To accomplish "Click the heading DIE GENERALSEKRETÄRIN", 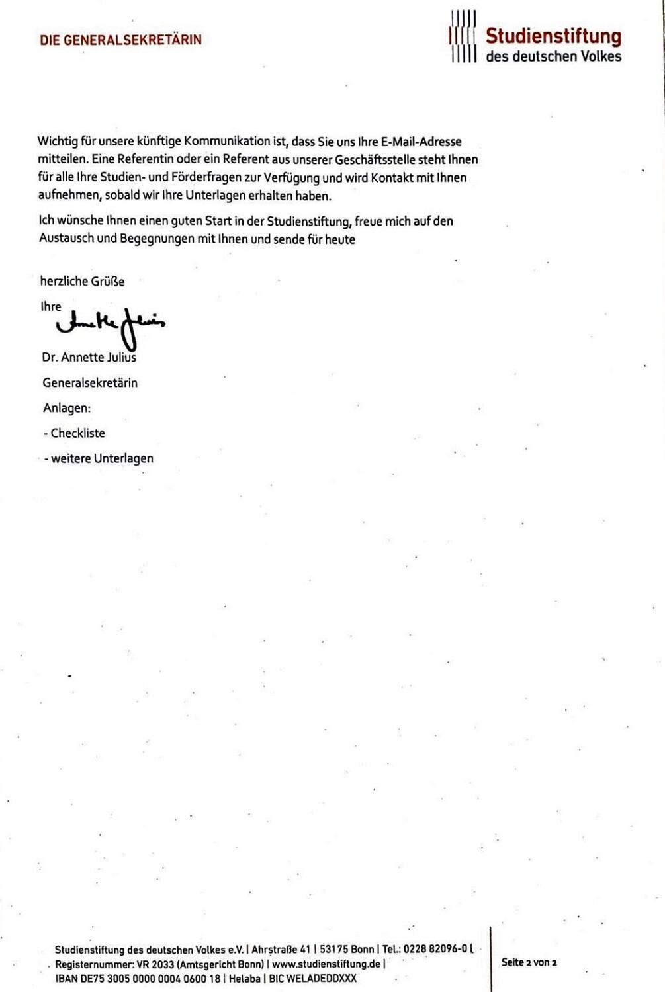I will tap(120, 40).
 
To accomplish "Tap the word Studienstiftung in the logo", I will tap(553, 36).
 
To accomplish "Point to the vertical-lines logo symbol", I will tap(463, 36).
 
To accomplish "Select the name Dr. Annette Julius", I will tap(89, 358).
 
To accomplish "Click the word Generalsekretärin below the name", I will tap(90, 383).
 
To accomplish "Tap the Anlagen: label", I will tap(67, 408).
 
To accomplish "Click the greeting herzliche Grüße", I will tap(82, 281).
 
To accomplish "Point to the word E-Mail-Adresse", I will tap(421, 142).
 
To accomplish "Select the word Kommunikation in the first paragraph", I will tap(227, 142).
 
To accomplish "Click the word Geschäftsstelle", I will tap(375, 160).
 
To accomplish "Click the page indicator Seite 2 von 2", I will tap(529, 962).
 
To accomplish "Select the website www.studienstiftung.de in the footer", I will tap(326, 964).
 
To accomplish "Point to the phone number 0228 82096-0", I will tap(435, 949).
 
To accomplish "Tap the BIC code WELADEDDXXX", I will tap(322, 978).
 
